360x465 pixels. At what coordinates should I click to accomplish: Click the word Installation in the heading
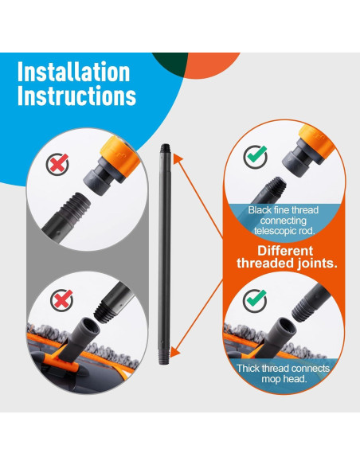pos(73,72)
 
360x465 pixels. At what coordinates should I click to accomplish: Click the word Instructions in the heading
pos(76,96)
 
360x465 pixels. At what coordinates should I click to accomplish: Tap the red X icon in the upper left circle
pos(58,163)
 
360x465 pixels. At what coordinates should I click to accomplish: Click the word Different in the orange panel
pos(285,251)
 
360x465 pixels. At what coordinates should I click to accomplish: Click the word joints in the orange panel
pos(316,264)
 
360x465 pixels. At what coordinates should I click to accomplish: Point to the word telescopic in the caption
pos(272,230)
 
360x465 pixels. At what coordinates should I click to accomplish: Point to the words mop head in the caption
pos(284,379)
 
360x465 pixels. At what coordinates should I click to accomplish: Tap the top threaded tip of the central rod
pos(166,148)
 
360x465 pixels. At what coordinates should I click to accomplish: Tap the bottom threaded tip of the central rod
pos(165,358)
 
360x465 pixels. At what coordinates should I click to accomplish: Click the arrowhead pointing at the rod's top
pos(177,158)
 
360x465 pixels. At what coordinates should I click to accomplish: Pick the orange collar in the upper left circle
pos(119,156)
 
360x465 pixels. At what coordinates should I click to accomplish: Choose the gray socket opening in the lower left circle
pos(91,326)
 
